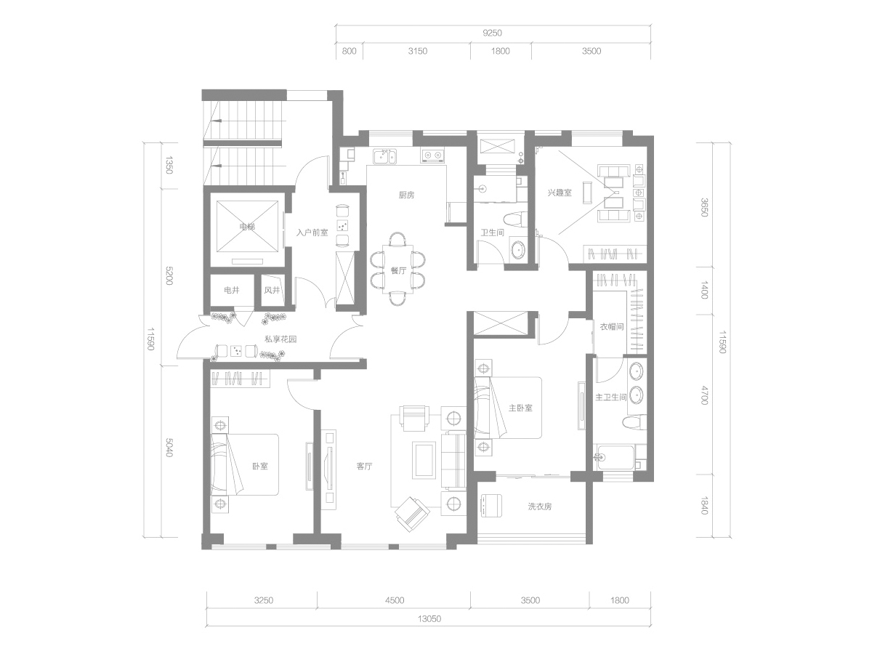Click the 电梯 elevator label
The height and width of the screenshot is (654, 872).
tap(247, 227)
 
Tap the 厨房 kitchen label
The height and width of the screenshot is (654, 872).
tap(406, 195)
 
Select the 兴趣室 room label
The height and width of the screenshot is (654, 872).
tap(560, 193)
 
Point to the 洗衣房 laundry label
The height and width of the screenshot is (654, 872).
tap(539, 506)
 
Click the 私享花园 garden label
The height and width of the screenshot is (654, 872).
tap(280, 339)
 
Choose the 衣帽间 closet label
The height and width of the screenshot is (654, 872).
tap(611, 327)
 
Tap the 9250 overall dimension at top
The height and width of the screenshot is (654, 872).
tap(492, 33)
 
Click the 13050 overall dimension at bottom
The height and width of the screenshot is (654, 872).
tap(429, 618)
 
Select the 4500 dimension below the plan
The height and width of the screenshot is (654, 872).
tap(395, 600)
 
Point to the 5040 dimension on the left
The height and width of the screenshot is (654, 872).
tap(169, 448)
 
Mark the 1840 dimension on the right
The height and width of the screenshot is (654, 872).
tap(704, 505)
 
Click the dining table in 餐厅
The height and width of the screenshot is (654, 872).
tap(397, 269)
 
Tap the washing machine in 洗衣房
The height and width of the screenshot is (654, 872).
tap(490, 506)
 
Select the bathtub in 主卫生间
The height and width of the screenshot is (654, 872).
tap(614, 458)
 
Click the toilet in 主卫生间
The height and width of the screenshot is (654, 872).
tap(634, 421)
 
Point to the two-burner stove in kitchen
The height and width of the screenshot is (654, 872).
tap(432, 156)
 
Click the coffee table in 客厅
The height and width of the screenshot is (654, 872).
tap(423, 461)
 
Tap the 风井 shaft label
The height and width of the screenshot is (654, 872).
tap(272, 290)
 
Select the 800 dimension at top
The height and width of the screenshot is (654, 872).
tap(349, 51)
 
